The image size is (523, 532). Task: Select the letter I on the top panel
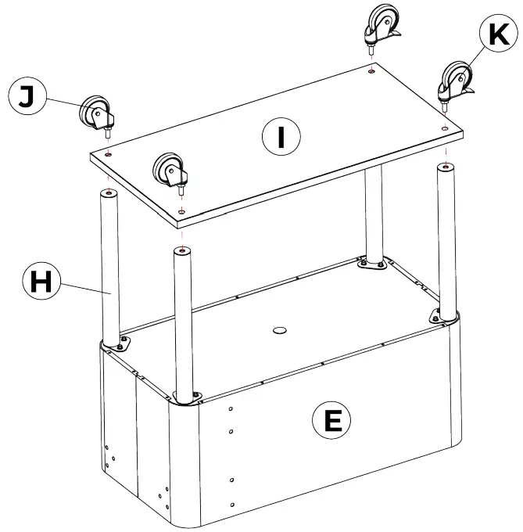279,138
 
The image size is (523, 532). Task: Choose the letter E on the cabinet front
331,421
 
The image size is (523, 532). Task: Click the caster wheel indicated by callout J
95,113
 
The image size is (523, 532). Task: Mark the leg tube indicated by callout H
110,266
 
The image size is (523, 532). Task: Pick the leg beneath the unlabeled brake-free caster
184,321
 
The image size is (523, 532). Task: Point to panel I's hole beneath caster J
108,155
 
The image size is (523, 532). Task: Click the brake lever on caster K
471,94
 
